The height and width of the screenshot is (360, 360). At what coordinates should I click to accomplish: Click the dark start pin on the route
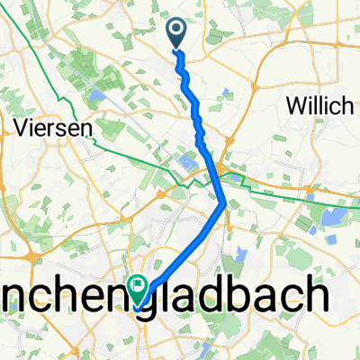tap(175, 34)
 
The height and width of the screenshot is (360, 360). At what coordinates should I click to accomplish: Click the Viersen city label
tap(54, 129)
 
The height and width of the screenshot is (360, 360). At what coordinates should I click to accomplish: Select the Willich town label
tap(317, 106)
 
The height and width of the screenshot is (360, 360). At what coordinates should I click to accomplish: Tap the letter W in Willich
tap(293, 106)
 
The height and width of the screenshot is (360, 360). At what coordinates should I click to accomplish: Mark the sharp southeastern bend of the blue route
tap(224, 203)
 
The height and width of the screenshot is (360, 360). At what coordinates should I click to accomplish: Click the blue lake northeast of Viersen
tap(95, 94)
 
